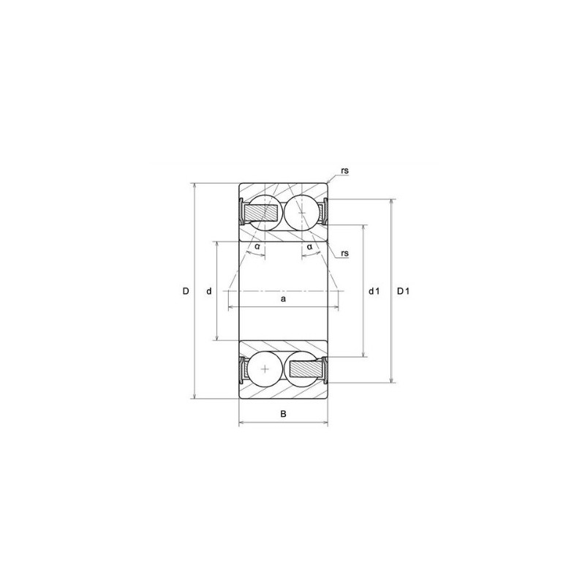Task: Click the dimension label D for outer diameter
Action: click(186, 291)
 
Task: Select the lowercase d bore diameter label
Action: click(209, 291)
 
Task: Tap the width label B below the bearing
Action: click(284, 415)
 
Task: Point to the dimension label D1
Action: click(403, 291)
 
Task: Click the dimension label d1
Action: click(374, 291)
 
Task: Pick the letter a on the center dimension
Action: click(283, 299)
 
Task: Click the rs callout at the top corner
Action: click(344, 170)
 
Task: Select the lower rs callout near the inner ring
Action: click(344, 253)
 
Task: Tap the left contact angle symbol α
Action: click(257, 247)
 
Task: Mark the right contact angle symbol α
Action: click(310, 247)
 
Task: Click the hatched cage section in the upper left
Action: click(261, 212)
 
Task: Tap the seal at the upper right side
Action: click(325, 212)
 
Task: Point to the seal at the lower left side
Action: click(242, 369)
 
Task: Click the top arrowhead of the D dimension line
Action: click(195, 185)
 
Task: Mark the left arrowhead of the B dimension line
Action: click(242, 423)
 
